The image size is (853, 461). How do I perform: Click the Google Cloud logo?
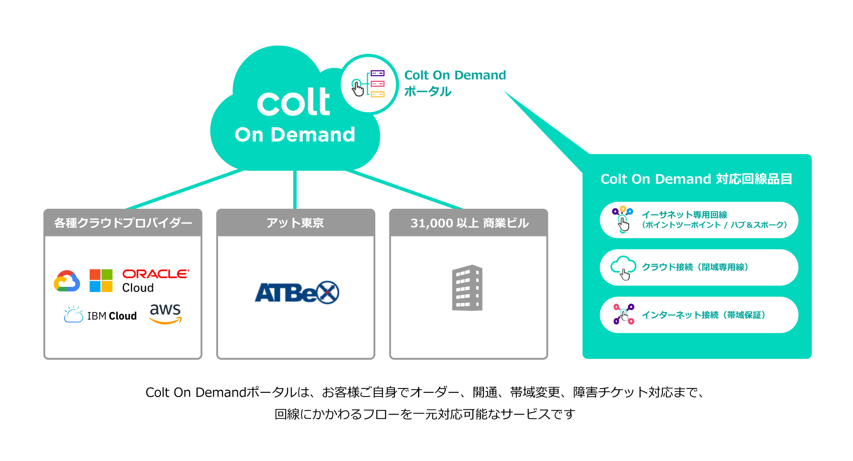click(x=67, y=281)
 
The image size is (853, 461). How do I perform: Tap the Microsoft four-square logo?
click(x=101, y=280)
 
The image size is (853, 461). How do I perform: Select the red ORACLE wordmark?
click(x=156, y=274)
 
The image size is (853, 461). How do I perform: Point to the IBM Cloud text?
click(x=112, y=316)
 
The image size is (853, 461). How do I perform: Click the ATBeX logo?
click(x=297, y=293)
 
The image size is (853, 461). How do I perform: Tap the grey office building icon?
click(x=467, y=288)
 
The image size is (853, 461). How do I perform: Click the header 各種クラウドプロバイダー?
click(x=123, y=223)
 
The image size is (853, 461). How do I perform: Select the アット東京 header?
click(x=295, y=223)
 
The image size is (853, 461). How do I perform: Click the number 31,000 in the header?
click(x=432, y=223)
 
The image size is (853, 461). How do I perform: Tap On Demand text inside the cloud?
click(x=295, y=135)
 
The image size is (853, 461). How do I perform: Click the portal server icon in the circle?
click(x=369, y=84)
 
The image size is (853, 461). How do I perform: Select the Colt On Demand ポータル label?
click(x=455, y=83)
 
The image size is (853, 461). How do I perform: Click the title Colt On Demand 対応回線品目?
click(x=696, y=179)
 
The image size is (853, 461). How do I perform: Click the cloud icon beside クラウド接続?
click(x=623, y=268)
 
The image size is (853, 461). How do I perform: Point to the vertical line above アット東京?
click(x=295, y=190)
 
